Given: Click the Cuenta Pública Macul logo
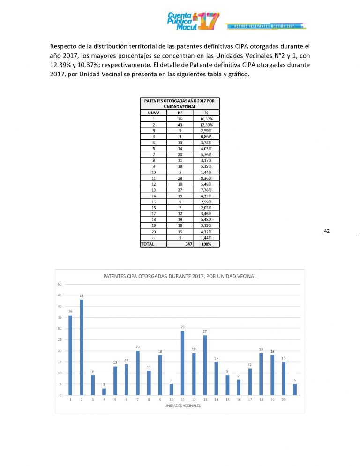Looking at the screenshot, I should pos(193,21).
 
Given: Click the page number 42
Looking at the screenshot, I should pos(327,231).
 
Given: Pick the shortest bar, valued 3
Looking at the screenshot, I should pos(104,391).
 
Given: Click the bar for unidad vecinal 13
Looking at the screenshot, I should pos(205,365).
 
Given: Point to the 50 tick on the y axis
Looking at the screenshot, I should pos(60,284).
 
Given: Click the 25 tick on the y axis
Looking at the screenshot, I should pos(60,339).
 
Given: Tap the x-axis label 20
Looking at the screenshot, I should pos(284,400).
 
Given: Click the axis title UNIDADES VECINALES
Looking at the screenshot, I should pos(182,406).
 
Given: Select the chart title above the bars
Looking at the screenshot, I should pos(180,276).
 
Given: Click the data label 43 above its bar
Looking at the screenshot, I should pos(82,296).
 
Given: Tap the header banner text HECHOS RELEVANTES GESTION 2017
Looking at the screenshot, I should pos(267,27).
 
